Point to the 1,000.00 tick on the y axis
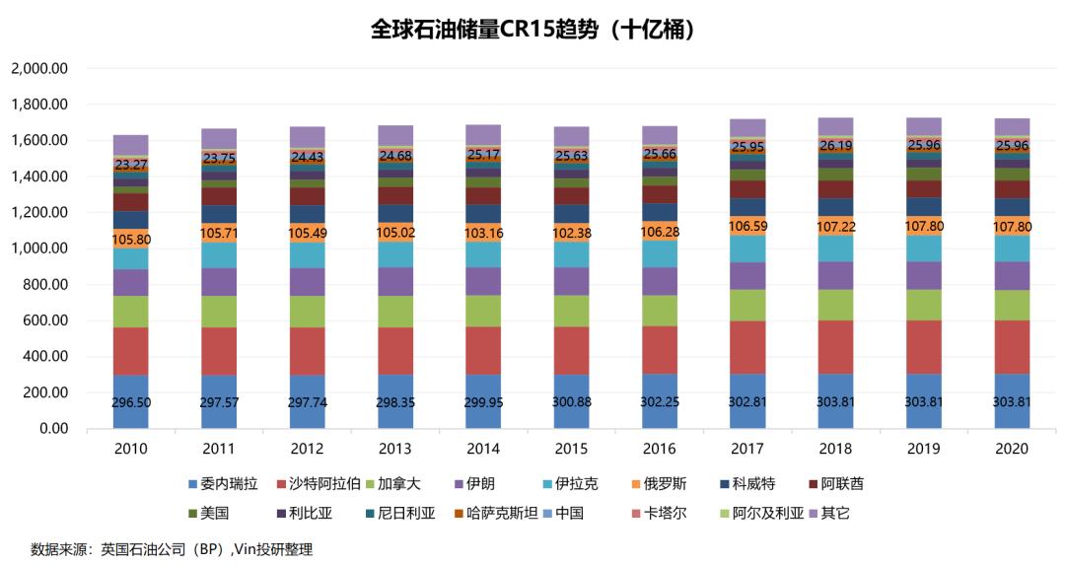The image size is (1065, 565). [x=38, y=248]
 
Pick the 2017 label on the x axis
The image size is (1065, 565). [x=747, y=448]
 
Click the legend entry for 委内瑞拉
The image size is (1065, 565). [x=223, y=484]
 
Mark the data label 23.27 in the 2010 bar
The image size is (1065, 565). [x=130, y=165]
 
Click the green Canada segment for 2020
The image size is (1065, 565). [x=1012, y=305]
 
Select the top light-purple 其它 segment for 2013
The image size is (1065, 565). [x=394, y=135]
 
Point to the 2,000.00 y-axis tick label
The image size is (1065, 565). [x=38, y=69]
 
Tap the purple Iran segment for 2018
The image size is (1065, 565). [x=835, y=275]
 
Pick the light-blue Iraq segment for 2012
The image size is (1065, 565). [x=307, y=254]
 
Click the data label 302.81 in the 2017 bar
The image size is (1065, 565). [x=747, y=403]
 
